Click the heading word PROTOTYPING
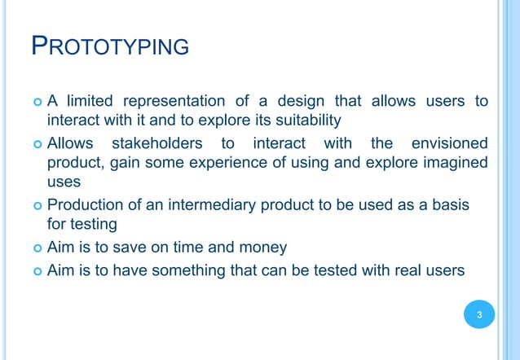109,46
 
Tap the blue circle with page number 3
479,314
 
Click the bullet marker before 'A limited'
37,103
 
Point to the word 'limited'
89,102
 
